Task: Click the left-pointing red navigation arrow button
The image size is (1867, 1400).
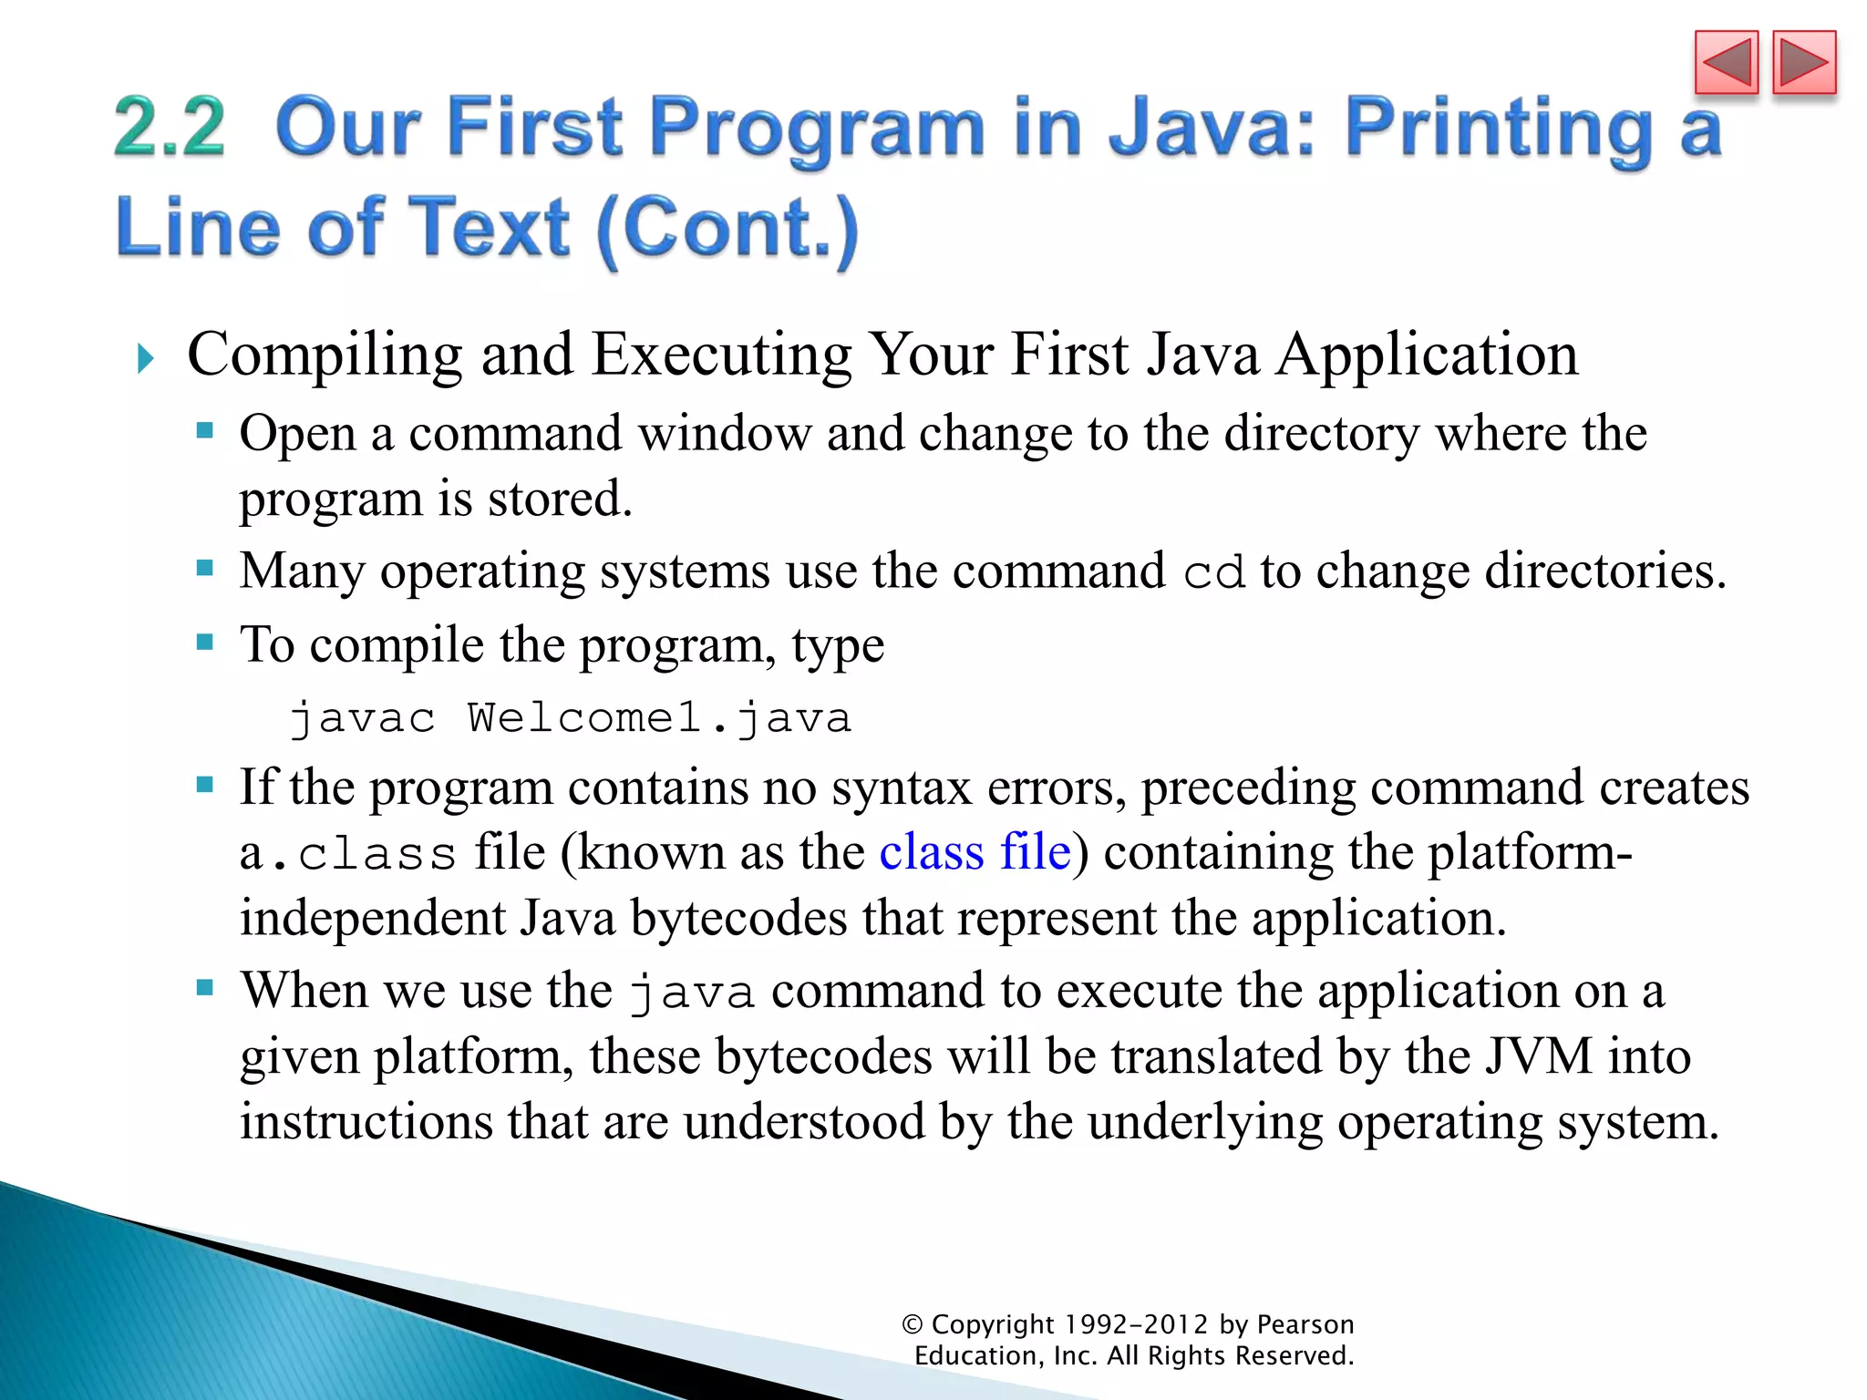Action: [x=1726, y=63]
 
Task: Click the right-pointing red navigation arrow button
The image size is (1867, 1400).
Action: [x=1804, y=63]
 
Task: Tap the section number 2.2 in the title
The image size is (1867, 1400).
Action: [x=170, y=128]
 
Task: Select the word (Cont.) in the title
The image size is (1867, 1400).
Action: [x=727, y=229]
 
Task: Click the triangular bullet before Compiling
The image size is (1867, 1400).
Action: [x=145, y=358]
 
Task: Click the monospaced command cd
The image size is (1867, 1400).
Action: [x=1213, y=573]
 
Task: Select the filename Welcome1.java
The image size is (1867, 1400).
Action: [x=659, y=718]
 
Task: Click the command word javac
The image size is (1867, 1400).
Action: [x=362, y=718]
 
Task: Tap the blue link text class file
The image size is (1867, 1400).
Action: [x=975, y=852]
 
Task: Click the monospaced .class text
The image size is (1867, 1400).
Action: [x=364, y=854]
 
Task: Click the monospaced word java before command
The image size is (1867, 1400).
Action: [x=692, y=993]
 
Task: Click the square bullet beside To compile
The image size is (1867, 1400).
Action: [x=205, y=643]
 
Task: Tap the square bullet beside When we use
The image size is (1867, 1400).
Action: [x=205, y=987]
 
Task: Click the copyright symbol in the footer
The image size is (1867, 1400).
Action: [x=913, y=1324]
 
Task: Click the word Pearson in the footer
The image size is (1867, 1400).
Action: [x=1305, y=1324]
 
